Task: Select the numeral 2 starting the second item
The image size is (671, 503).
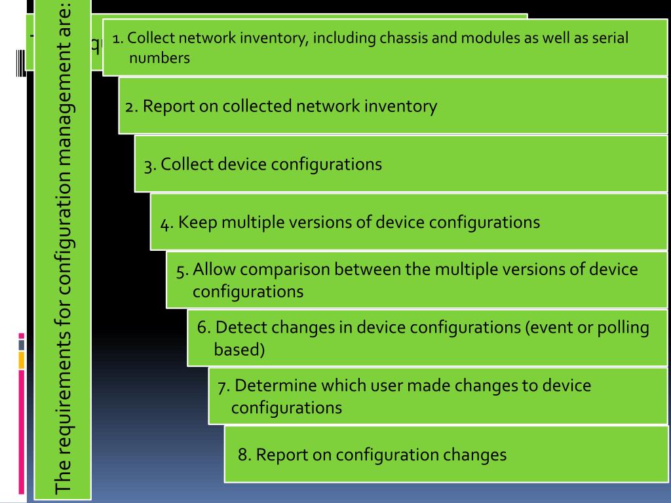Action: pyautogui.click(x=130, y=106)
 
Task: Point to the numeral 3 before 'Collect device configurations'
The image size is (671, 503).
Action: pyautogui.click(x=149, y=164)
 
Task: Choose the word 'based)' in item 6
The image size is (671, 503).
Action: pyautogui.click(x=239, y=350)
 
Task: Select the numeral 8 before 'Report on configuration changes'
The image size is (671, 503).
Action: pyautogui.click(x=243, y=455)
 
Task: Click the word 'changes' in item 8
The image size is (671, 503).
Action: pyautogui.click(x=475, y=455)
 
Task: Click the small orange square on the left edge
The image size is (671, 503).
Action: pyautogui.click(x=21, y=360)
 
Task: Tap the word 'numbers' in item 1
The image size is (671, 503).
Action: pyautogui.click(x=159, y=58)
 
